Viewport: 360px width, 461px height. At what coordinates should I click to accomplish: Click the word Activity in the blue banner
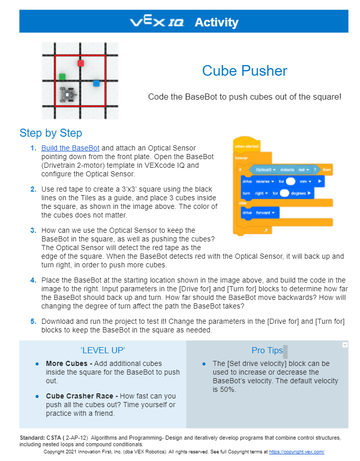pyautogui.click(x=216, y=22)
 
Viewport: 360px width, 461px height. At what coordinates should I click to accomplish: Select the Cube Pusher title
pyautogui.click(x=244, y=71)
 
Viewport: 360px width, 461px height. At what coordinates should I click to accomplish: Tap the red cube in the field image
pyautogui.click(x=80, y=63)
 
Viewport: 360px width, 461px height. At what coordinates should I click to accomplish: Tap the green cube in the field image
pyautogui.click(x=62, y=77)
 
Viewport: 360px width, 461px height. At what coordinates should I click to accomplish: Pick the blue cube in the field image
pyautogui.click(x=96, y=83)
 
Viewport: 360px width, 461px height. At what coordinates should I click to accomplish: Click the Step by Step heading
pyautogui.click(x=51, y=133)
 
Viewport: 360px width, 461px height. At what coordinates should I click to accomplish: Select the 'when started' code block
pyautogui.click(x=247, y=146)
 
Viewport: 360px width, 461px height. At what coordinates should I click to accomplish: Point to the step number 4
pyautogui.click(x=33, y=280)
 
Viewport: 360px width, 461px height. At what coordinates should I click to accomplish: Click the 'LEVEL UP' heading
pyautogui.click(x=103, y=350)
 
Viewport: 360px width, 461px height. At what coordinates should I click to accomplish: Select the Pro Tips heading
pyautogui.click(x=267, y=350)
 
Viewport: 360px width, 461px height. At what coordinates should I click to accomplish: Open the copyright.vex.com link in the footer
pyautogui.click(x=296, y=451)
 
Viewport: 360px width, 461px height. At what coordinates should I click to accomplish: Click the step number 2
pyautogui.click(x=33, y=189)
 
